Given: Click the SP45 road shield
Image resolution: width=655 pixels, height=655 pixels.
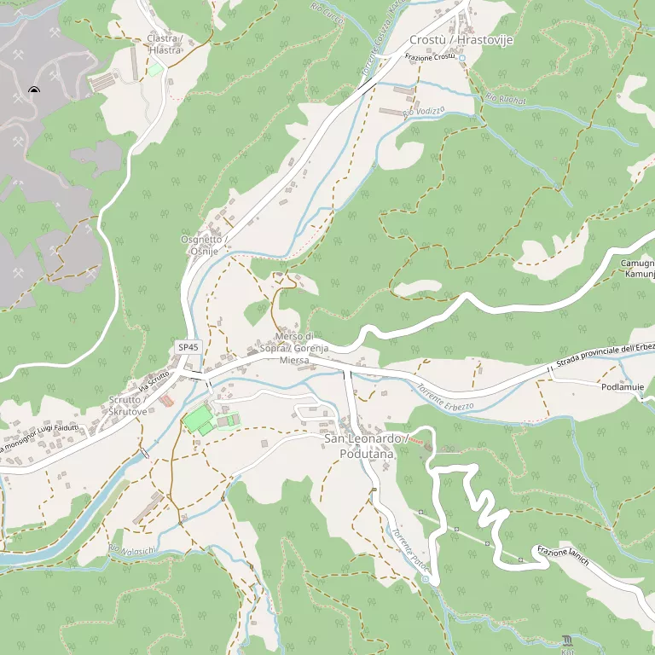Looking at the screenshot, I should tap(188, 347).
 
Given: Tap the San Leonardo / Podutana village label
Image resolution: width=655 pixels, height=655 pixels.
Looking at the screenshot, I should tap(360, 446).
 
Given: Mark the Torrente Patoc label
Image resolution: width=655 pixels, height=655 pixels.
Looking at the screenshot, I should tap(409, 548).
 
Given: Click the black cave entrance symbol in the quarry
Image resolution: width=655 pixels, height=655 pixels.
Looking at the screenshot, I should tap(34, 90).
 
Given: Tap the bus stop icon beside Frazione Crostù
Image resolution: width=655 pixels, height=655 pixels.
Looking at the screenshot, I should tap(462, 58).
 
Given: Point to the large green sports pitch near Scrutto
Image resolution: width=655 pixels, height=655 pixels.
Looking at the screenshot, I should tap(199, 419).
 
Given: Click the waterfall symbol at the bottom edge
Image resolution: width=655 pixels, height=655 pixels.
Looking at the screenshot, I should tap(569, 641).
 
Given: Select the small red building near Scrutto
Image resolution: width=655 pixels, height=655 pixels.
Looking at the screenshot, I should tap(165, 400).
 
